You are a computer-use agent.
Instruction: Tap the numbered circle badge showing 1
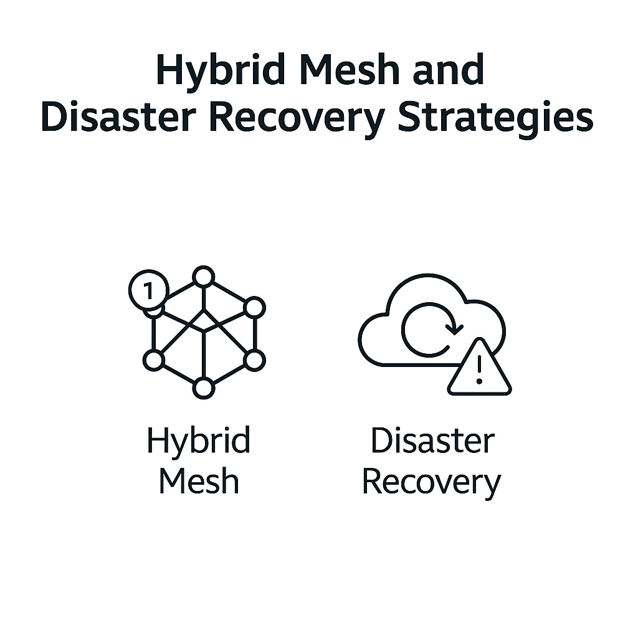(148, 289)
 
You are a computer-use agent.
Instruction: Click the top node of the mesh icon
(203, 277)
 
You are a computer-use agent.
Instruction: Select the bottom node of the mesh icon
(203, 388)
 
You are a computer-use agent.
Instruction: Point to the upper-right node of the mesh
(254, 307)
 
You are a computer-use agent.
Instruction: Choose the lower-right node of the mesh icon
(254, 359)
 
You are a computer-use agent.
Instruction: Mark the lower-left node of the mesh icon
(153, 359)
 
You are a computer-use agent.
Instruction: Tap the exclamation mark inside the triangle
(479, 370)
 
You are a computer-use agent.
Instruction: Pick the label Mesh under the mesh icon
(198, 481)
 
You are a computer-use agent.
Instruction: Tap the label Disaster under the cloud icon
(432, 441)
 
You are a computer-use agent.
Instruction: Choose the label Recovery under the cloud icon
(431, 482)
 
